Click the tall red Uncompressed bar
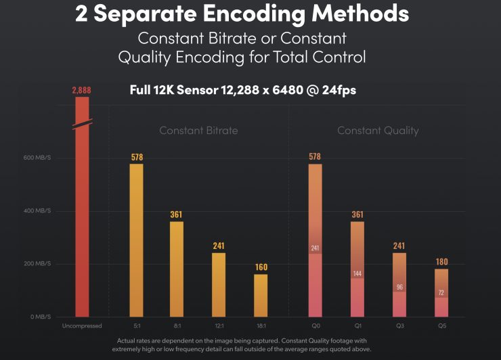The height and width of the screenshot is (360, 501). coord(81,223)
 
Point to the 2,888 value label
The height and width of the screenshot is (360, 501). coord(81,90)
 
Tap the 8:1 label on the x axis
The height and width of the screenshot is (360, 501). coord(176,325)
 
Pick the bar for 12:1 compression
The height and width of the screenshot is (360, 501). coord(219,284)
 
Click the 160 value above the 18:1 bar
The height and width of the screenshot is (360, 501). coord(261,267)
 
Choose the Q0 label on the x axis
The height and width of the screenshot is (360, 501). coord(315,325)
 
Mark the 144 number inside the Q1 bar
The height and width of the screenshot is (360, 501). coord(357,274)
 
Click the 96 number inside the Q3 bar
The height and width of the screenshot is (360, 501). coord(399,287)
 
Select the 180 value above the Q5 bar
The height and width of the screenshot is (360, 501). coord(441,262)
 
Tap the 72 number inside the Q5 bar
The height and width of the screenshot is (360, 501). coord(441,294)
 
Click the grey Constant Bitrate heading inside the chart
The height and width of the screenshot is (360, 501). coord(198,131)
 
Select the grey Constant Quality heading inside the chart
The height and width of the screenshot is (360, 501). coord(378,131)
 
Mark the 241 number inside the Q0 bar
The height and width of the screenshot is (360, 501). coord(315,248)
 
